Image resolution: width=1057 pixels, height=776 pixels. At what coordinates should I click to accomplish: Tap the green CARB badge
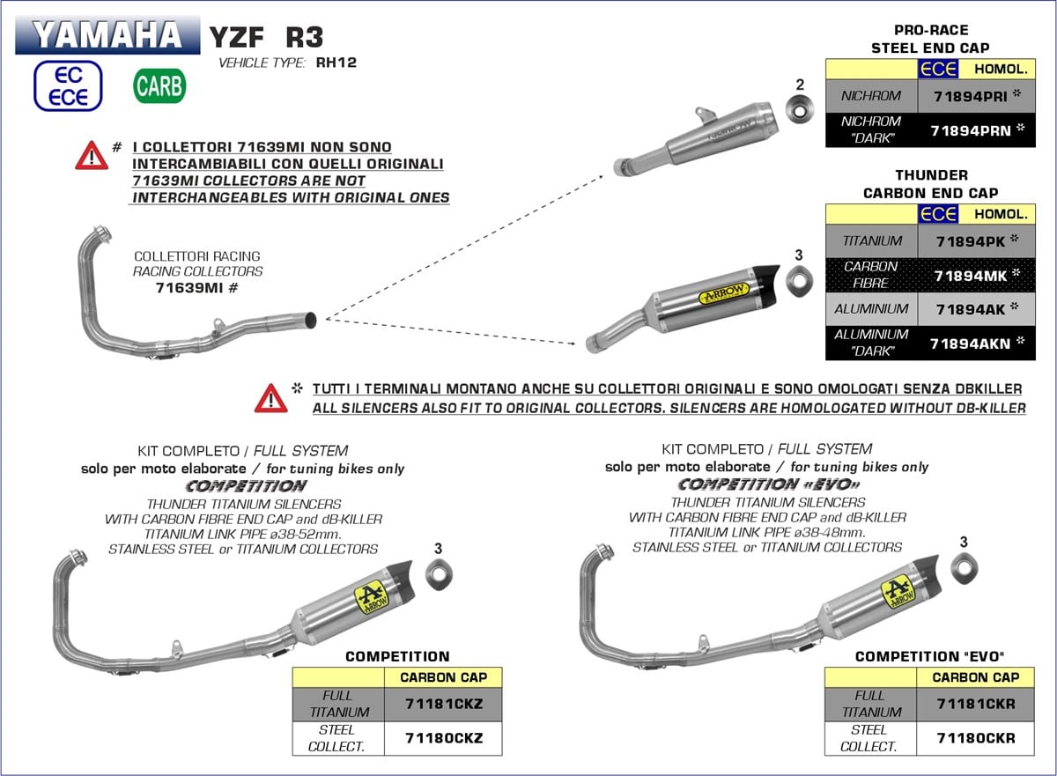[x=159, y=85]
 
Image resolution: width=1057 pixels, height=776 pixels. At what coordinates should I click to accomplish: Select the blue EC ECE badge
[x=69, y=85]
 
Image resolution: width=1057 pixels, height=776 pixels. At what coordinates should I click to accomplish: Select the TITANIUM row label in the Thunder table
[x=871, y=240]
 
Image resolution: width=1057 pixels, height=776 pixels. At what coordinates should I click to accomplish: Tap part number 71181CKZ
[x=443, y=705]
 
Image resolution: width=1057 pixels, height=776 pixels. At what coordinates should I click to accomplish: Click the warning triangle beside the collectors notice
[x=92, y=156]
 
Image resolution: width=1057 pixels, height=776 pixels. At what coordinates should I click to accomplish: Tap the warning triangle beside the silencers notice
[x=271, y=398]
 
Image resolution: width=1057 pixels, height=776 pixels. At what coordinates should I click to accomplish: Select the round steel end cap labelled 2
[x=800, y=113]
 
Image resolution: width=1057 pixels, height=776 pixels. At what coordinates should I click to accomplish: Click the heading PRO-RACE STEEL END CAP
[x=929, y=40]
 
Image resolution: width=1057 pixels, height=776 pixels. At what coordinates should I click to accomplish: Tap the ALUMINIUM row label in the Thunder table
[x=871, y=309]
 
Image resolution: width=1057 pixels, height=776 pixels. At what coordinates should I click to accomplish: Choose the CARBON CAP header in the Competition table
[x=443, y=677]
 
